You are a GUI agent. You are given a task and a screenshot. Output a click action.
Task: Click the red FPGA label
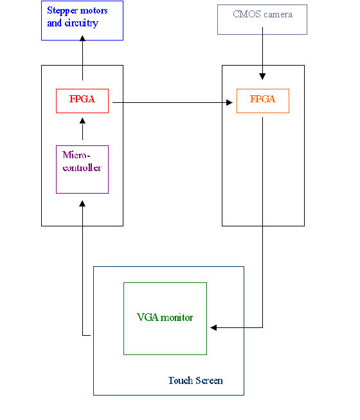(82, 99)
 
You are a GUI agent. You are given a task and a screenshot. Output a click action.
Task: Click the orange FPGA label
(262, 99)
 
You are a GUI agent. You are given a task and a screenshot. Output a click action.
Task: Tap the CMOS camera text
(262, 14)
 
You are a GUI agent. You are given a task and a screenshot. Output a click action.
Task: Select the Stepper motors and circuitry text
(77, 17)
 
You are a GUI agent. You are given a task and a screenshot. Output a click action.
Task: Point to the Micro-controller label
(82, 161)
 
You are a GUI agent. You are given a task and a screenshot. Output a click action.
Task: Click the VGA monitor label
(165, 317)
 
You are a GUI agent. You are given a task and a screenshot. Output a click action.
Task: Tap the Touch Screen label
(195, 380)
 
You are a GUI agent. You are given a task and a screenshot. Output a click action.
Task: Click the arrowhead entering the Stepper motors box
(82, 38)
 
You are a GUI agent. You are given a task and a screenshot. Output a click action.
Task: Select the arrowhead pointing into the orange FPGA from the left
(230, 103)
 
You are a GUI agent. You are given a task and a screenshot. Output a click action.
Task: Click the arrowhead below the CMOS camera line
(262, 77)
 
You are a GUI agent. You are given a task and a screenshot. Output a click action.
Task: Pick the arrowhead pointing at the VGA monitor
(213, 327)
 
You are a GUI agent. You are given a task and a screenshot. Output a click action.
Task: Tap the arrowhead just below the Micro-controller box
(82, 204)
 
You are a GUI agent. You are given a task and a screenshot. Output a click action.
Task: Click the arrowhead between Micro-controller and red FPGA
(82, 121)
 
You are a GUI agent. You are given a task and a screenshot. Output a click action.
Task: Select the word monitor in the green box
(177, 318)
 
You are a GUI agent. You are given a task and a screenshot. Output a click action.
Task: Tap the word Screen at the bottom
(209, 381)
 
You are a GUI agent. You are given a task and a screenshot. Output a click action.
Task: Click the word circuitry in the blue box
(82, 23)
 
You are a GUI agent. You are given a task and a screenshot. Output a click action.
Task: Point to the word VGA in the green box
(148, 317)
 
